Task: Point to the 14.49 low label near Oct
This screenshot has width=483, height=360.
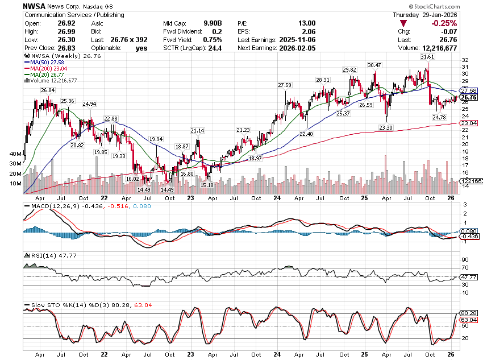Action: [x=166, y=189]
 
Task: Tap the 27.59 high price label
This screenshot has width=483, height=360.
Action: [x=284, y=85]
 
